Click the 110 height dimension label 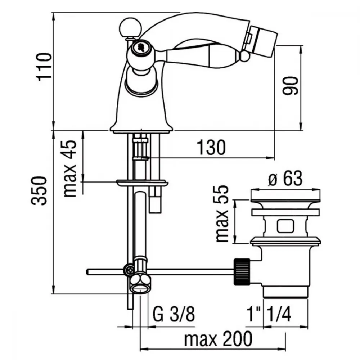(x=44, y=67)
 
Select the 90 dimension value (x=291, y=86)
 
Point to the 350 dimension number (x=39, y=190)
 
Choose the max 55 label (x=222, y=213)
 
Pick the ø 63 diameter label (x=285, y=179)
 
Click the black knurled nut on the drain (x=242, y=271)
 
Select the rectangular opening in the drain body (x=285, y=226)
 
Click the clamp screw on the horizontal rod (x=129, y=269)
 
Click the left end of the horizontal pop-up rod (x=87, y=272)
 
